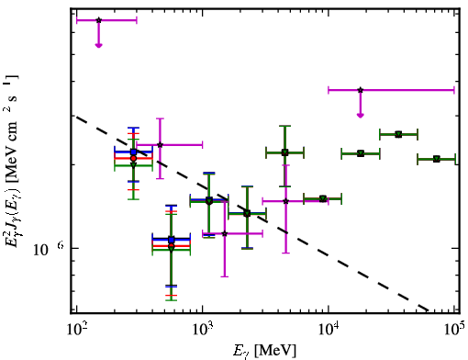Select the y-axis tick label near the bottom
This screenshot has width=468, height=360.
click(48, 249)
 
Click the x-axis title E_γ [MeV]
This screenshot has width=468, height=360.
click(264, 351)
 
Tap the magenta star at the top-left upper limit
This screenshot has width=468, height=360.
click(98, 20)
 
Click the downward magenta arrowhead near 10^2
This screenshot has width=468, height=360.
click(98, 45)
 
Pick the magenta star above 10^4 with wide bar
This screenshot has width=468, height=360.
click(361, 90)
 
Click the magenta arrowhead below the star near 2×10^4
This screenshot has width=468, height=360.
click(361, 115)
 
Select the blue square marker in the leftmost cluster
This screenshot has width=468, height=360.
click(133, 152)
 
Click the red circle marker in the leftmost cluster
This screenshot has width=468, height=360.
click(133, 158)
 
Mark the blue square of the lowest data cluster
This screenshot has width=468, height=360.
click(172, 240)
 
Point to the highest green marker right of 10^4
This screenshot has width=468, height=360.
click(398, 134)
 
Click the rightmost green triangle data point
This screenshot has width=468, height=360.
click(437, 159)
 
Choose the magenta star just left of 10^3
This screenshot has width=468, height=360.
click(160, 144)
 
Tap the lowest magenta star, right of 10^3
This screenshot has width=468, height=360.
click(225, 233)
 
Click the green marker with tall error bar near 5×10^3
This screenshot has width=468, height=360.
click(284, 152)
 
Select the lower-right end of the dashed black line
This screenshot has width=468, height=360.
click(429, 311)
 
